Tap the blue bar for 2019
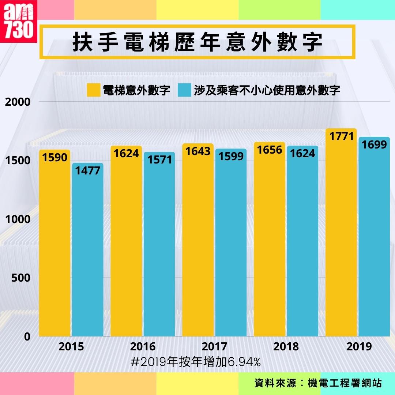pyautogui.click(x=374, y=241)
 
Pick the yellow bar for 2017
pyautogui.click(x=198, y=245)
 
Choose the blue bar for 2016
pyautogui.click(x=159, y=249)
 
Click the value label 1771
pyautogui.click(x=342, y=137)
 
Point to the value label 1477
pyautogui.click(x=88, y=170)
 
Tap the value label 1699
pyautogui.click(x=374, y=145)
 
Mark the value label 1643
pyautogui.click(x=198, y=151)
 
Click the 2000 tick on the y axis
pyautogui.click(x=18, y=102)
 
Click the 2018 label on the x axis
pyautogui.click(x=286, y=346)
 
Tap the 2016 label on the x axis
pyautogui.click(x=143, y=346)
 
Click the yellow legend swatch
pyautogui.click(x=93, y=90)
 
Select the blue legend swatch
pyautogui.click(x=184, y=90)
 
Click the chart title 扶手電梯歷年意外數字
pyautogui.click(x=197, y=42)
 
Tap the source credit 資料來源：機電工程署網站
pyautogui.click(x=318, y=383)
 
